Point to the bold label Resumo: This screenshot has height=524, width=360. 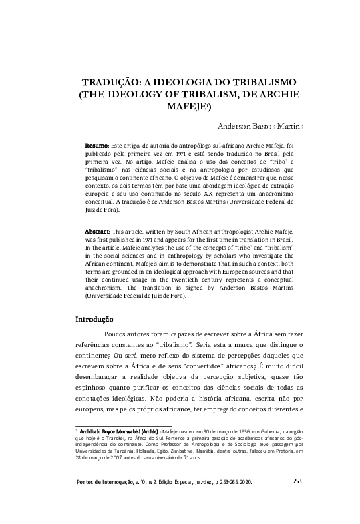click(x=97, y=145)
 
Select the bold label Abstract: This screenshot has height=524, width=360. click(x=98, y=230)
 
